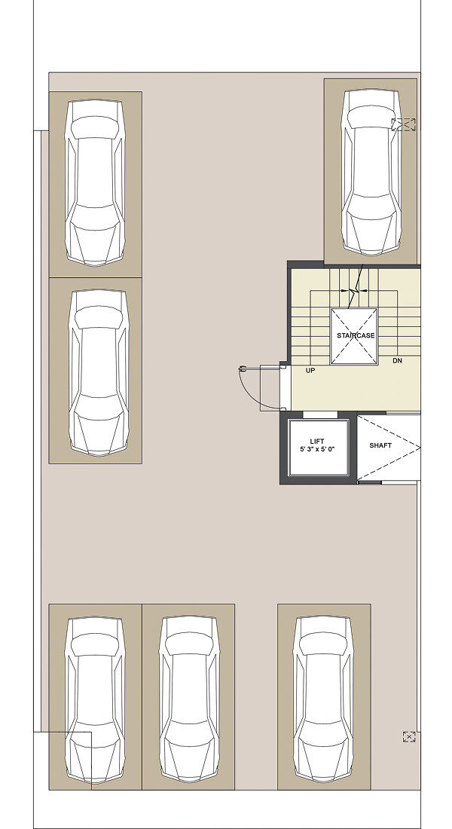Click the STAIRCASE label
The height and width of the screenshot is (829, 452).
356,335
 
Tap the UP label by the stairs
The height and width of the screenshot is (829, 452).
310,371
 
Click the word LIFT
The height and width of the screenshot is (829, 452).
318,441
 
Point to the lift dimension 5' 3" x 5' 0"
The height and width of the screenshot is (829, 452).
318,450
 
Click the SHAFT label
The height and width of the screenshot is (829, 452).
380,445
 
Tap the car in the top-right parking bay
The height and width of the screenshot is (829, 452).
371,172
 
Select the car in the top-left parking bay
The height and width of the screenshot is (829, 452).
95,182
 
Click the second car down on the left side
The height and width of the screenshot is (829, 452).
99,372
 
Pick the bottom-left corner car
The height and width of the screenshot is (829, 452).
95,700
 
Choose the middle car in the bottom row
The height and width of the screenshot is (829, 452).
189,699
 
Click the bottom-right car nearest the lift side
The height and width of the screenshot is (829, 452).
323,699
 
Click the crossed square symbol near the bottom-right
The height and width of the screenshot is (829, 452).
408,736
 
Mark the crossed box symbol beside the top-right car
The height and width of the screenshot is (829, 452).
403,125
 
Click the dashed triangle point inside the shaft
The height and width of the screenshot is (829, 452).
419,448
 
